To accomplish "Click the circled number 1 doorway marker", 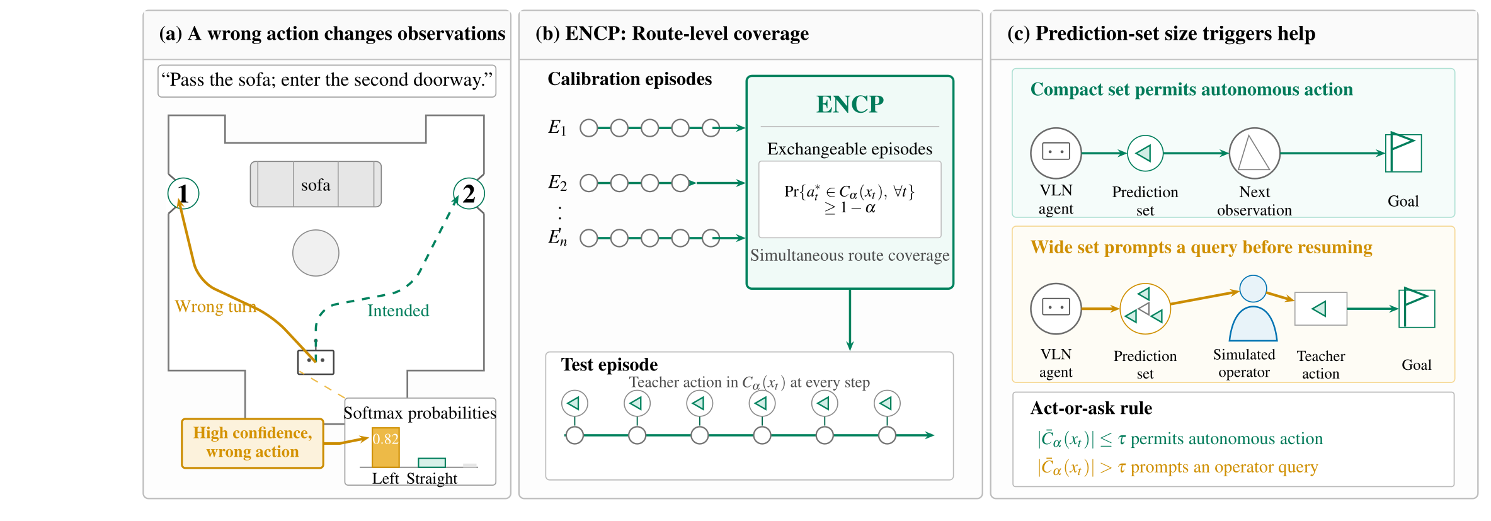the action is (x=183, y=193).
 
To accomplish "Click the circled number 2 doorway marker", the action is (x=469, y=193).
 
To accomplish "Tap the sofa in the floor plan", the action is (x=316, y=184).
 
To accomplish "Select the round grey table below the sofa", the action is (x=316, y=253).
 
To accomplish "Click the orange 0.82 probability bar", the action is (x=386, y=448).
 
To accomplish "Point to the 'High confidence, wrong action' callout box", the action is (x=253, y=443).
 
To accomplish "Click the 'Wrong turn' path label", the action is (x=215, y=306).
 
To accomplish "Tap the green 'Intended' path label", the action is (x=398, y=311).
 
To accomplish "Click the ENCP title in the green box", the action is (x=850, y=104).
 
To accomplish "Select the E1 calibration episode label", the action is (x=557, y=128).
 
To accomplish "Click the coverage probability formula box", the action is (x=850, y=199).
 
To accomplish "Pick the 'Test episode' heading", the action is (x=609, y=365).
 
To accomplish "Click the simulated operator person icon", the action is (x=1253, y=308).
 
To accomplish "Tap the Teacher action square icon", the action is (x=1320, y=309).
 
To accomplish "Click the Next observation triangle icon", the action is (x=1254, y=153).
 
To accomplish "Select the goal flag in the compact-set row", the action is (x=1403, y=152).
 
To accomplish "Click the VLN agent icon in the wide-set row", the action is (x=1056, y=308).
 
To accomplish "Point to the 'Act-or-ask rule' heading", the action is (x=1091, y=408).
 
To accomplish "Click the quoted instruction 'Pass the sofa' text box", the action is (x=327, y=81).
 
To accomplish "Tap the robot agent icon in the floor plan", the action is (x=316, y=362).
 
